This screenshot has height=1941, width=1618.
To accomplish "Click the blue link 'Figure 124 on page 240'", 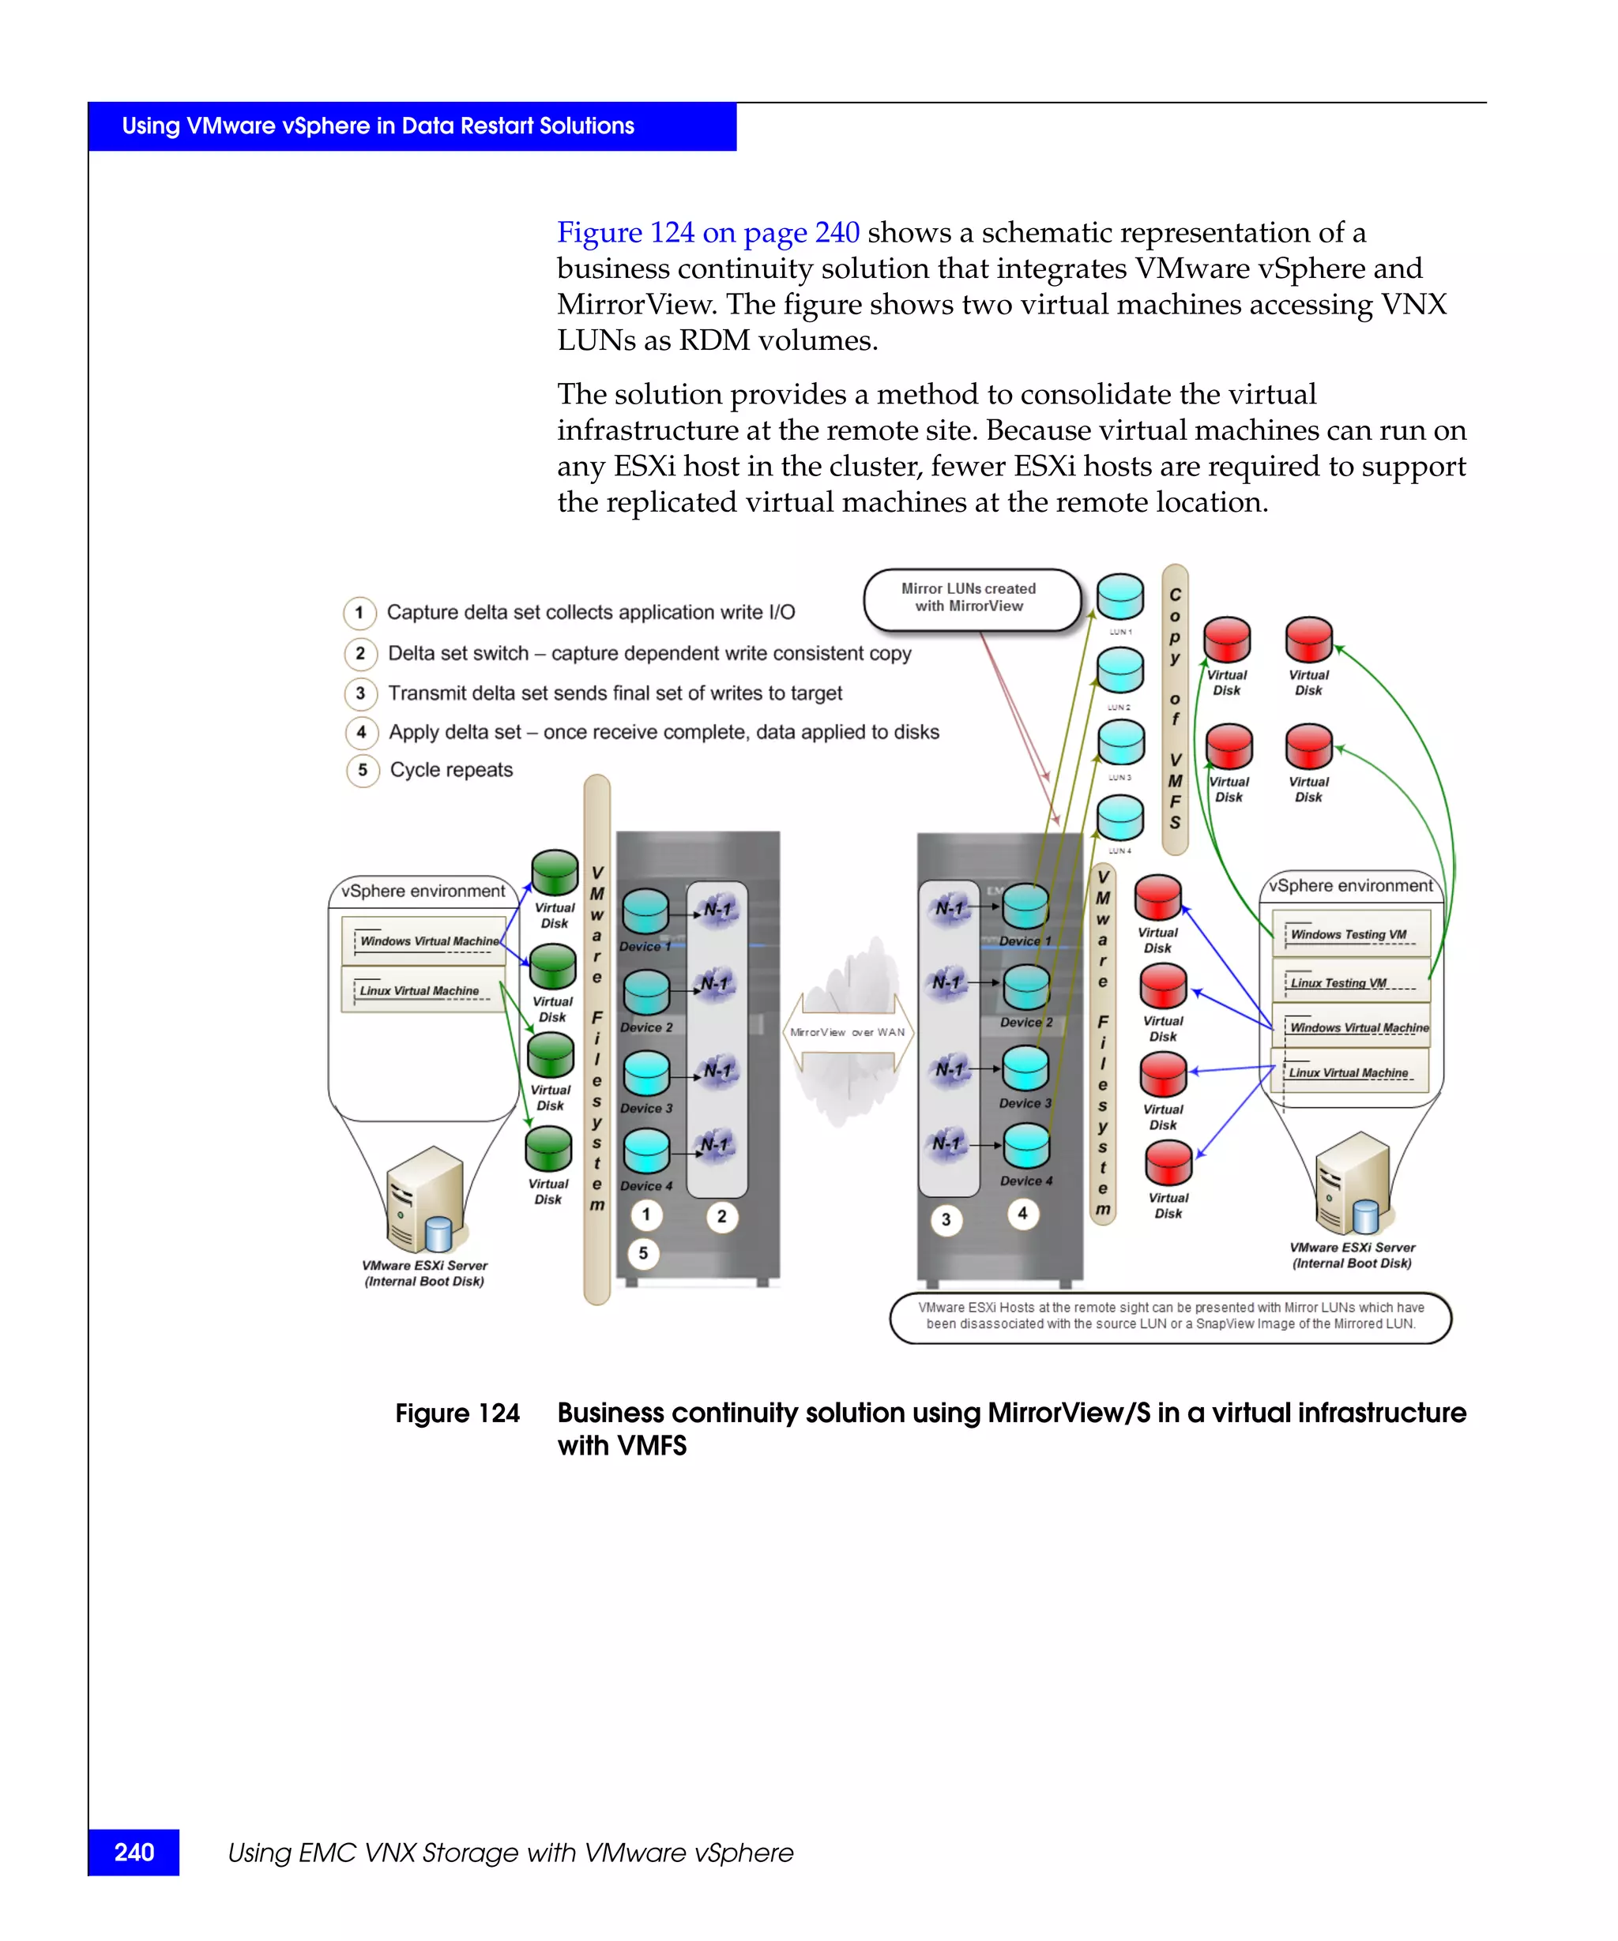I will [x=707, y=232].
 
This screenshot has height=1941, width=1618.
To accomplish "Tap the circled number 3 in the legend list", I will [x=360, y=693].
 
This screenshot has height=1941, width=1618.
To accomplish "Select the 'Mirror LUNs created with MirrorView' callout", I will [x=970, y=598].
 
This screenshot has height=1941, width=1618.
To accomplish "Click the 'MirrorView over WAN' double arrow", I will [x=848, y=1032].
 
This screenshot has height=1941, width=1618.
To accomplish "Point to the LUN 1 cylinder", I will [x=1119, y=597].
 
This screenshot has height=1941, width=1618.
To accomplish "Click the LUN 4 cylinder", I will [x=1119, y=817].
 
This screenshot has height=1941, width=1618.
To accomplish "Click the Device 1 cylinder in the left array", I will [x=645, y=912].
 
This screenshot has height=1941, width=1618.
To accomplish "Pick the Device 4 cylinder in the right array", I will [x=1026, y=1147].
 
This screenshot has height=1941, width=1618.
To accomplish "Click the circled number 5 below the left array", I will [x=644, y=1253].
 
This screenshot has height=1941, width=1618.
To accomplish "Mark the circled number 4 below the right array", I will [x=1022, y=1213].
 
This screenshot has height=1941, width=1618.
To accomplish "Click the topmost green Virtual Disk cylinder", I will [x=555, y=873].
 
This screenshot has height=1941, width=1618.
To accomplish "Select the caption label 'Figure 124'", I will [x=457, y=1414].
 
